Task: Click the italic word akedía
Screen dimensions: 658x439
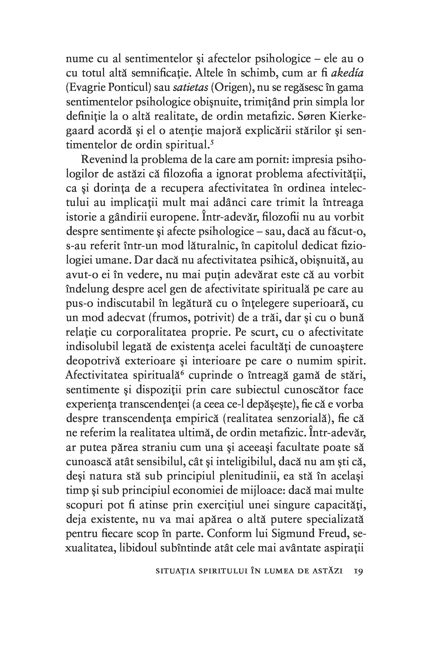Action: pyautogui.click(x=347, y=73)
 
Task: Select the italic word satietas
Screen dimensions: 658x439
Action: pyautogui.click(x=191, y=88)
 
